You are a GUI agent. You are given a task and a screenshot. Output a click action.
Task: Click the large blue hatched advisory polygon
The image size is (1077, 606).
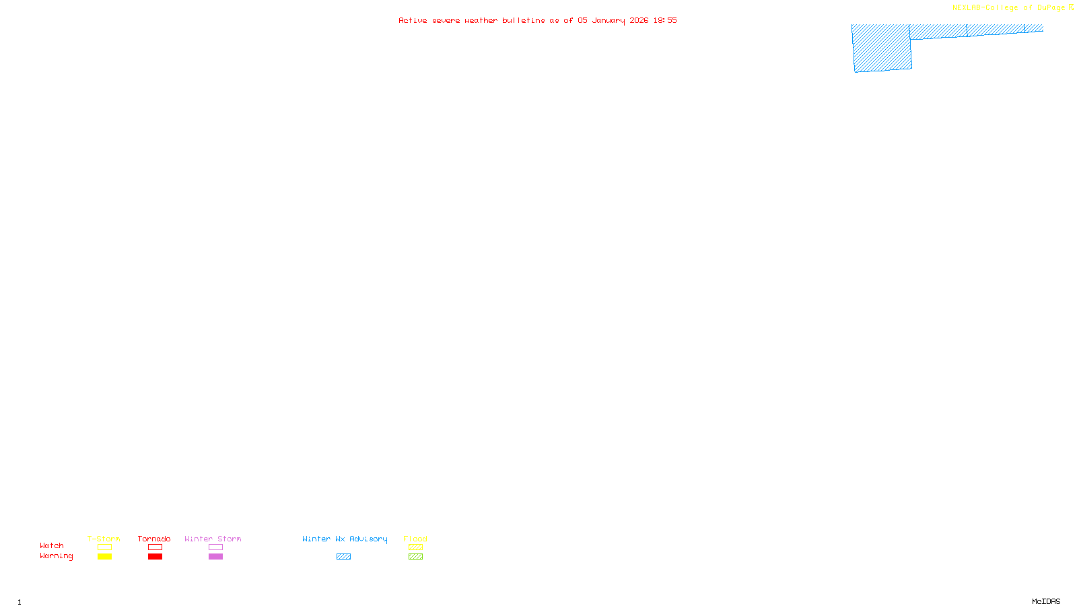pyautogui.click(x=882, y=48)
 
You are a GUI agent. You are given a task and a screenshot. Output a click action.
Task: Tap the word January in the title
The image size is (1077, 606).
pyautogui.click(x=608, y=20)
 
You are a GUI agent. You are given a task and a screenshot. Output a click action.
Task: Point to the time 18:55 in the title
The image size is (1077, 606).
pyautogui.click(x=664, y=20)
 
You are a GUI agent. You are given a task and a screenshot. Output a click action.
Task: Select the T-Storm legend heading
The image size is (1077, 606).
pyautogui.click(x=104, y=539)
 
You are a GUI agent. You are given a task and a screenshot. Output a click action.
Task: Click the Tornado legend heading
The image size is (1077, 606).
pyautogui.click(x=154, y=539)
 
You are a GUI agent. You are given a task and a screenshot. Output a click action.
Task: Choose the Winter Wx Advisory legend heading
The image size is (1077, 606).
pyautogui.click(x=345, y=539)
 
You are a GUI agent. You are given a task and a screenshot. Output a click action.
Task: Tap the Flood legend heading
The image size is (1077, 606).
pyautogui.click(x=415, y=539)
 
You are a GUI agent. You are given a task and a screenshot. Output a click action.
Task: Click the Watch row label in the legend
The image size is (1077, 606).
pyautogui.click(x=52, y=545)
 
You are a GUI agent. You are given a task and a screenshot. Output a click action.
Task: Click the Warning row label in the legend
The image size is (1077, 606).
pyautogui.click(x=56, y=556)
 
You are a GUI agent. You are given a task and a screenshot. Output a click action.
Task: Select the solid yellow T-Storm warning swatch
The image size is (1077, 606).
pyautogui.click(x=104, y=557)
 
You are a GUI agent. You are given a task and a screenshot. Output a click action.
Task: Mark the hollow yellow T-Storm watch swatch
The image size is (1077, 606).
pyautogui.click(x=104, y=547)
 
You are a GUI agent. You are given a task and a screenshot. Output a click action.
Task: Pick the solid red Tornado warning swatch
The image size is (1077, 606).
pyautogui.click(x=155, y=557)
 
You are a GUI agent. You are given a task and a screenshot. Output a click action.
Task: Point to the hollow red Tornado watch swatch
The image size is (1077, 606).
pyautogui.click(x=155, y=547)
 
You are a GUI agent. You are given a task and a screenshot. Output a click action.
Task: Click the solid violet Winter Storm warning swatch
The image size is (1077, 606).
pyautogui.click(x=215, y=557)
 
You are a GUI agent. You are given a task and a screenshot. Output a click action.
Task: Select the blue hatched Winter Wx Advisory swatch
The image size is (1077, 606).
pyautogui.click(x=343, y=557)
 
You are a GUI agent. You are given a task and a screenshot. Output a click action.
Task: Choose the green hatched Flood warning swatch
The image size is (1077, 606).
pyautogui.click(x=415, y=557)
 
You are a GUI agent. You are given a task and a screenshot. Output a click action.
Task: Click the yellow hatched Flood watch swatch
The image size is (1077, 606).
pyautogui.click(x=415, y=547)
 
